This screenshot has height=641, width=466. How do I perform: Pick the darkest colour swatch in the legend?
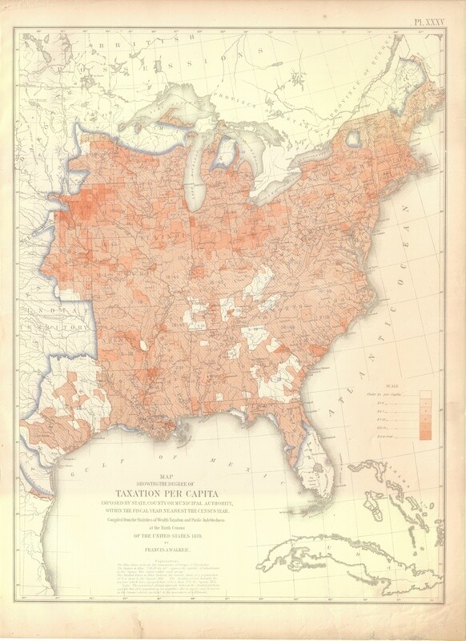(x=426, y=435)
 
